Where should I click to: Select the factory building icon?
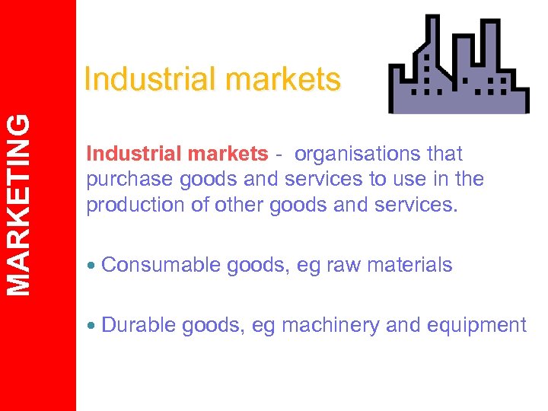pyautogui.click(x=458, y=66)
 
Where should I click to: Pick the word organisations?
pyautogui.click(x=357, y=154)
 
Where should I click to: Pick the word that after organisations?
pyautogui.click(x=445, y=154)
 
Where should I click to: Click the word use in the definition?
pyautogui.click(x=404, y=179)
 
